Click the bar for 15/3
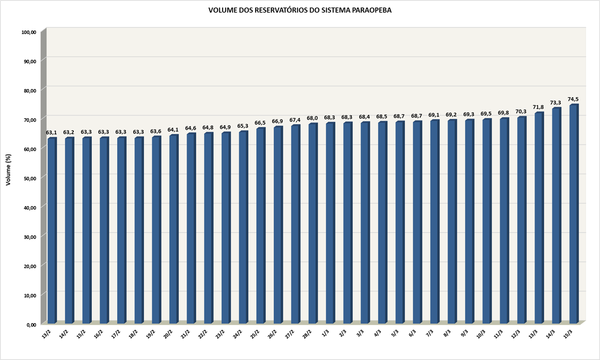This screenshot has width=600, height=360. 573,214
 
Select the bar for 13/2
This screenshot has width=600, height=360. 51,231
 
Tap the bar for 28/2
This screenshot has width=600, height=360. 313,224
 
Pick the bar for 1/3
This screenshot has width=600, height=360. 330,223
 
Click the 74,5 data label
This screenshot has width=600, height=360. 573,99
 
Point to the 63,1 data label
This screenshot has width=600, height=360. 52,132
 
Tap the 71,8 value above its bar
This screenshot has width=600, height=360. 539,107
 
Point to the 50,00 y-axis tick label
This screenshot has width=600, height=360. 29,179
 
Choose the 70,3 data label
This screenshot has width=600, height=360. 521,111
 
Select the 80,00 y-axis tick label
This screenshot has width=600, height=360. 29,91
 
